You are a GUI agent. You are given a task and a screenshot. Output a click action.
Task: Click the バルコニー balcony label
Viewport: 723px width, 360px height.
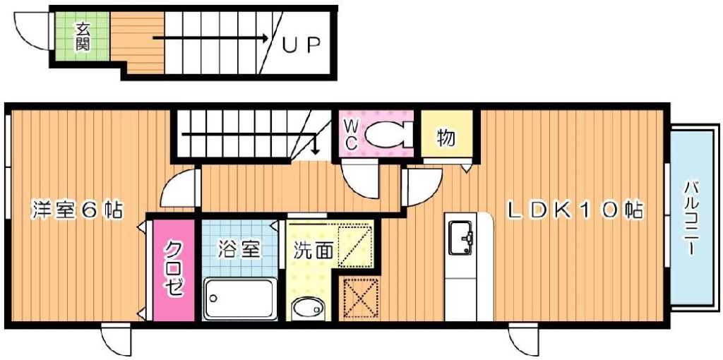(691, 220)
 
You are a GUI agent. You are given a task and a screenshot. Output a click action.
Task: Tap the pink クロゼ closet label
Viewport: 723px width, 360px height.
(174, 269)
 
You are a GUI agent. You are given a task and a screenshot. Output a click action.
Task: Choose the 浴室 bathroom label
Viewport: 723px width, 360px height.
(240, 249)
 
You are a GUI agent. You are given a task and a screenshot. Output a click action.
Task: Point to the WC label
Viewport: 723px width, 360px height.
(351, 134)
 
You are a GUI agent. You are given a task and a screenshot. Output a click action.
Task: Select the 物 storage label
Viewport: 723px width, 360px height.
(445, 138)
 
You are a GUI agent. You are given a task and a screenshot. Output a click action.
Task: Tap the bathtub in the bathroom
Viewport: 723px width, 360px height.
(239, 299)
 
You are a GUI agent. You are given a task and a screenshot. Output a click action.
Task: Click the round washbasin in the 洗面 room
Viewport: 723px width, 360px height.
(306, 308)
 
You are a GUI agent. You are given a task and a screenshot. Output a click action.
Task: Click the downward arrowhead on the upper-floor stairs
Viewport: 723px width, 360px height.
(316, 150)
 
